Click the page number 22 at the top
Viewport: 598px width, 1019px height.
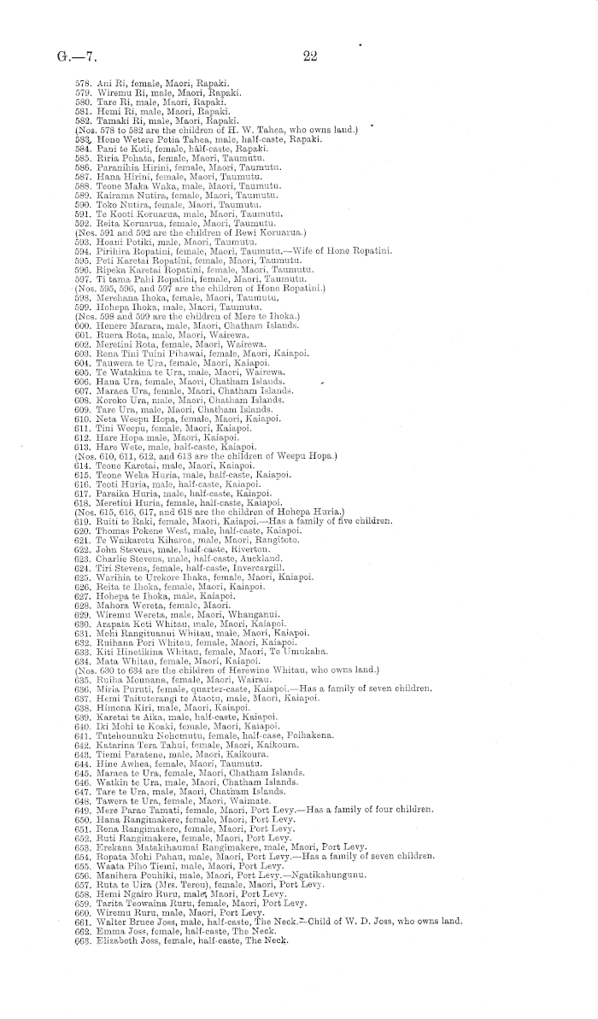(309, 56)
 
